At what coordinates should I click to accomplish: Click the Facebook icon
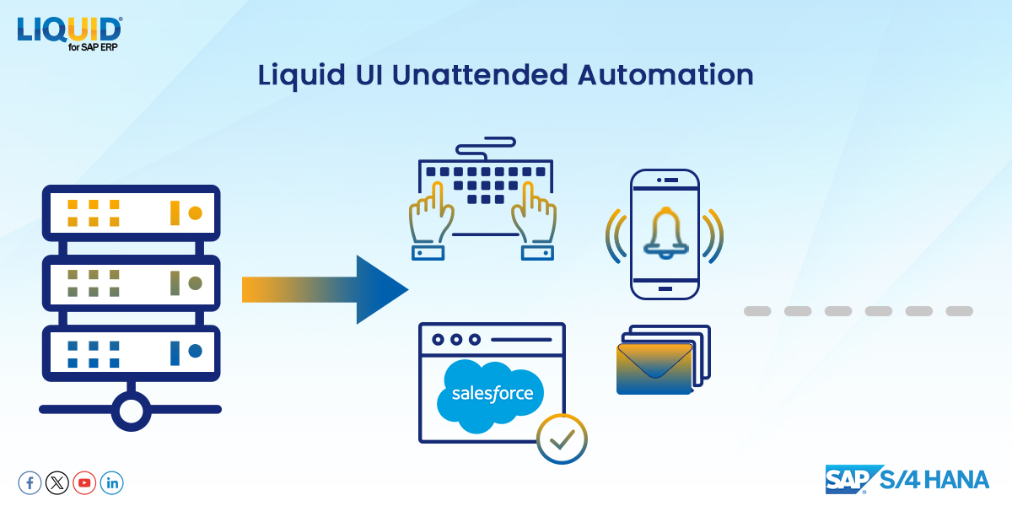coord(30,483)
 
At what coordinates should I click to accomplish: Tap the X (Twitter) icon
coord(57,483)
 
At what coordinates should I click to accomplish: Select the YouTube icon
coord(84,483)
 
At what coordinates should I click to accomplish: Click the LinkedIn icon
coord(112,483)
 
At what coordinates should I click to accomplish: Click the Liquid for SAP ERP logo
coord(69,33)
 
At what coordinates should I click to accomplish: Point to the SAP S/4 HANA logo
coord(907,479)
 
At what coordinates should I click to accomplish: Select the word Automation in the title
coord(665,75)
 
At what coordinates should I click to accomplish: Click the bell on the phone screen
coord(665,234)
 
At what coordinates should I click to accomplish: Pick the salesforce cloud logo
coord(492,394)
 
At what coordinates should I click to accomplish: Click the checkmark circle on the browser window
coord(562,439)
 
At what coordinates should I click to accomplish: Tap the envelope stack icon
coord(662,360)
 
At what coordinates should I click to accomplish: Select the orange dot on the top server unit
coord(195,212)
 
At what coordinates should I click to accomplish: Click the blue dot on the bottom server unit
coord(195,350)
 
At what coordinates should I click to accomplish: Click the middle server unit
coord(131,281)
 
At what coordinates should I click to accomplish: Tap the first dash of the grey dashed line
coord(757,311)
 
